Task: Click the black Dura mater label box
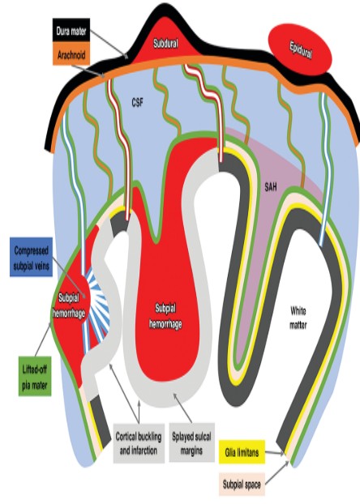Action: tap(71, 32)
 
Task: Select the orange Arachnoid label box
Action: tap(71, 55)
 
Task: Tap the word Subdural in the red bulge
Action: tap(165, 44)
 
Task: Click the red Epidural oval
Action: tap(300, 49)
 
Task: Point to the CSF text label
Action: tap(137, 103)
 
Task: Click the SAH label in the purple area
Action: tap(271, 187)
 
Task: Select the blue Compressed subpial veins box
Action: tap(31, 257)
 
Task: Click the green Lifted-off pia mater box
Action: tap(35, 376)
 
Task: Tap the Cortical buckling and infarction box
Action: tap(139, 443)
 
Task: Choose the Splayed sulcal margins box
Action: tap(191, 442)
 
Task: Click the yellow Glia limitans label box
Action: tap(242, 452)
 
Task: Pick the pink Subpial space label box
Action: tap(242, 484)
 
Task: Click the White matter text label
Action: tap(298, 318)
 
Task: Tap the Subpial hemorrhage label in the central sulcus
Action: tap(165, 316)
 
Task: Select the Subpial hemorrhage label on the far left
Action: tap(69, 305)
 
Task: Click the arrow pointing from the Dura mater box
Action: tap(109, 44)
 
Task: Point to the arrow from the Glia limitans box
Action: tap(274, 453)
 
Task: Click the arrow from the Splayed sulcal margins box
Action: tap(182, 408)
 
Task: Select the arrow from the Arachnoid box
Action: tap(88, 71)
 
